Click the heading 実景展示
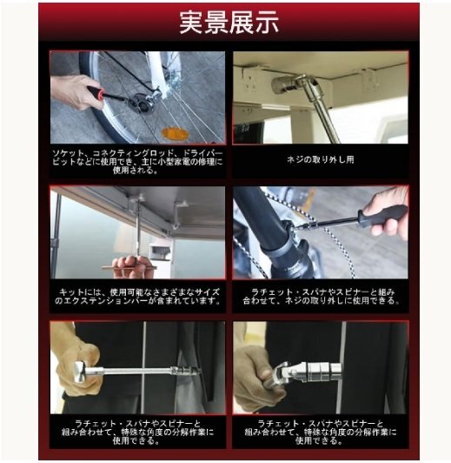point(229,23)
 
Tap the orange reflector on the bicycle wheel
point(175,133)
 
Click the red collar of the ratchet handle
point(101,95)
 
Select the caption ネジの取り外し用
point(321,160)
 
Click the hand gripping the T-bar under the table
point(131,266)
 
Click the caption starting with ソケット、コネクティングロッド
point(137,162)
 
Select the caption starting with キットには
point(137,297)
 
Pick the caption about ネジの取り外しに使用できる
point(321,297)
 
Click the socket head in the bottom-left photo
point(186,371)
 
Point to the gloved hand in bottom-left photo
point(76,366)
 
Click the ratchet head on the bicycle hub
point(144,102)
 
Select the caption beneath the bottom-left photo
point(137,432)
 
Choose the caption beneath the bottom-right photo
point(321,432)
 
